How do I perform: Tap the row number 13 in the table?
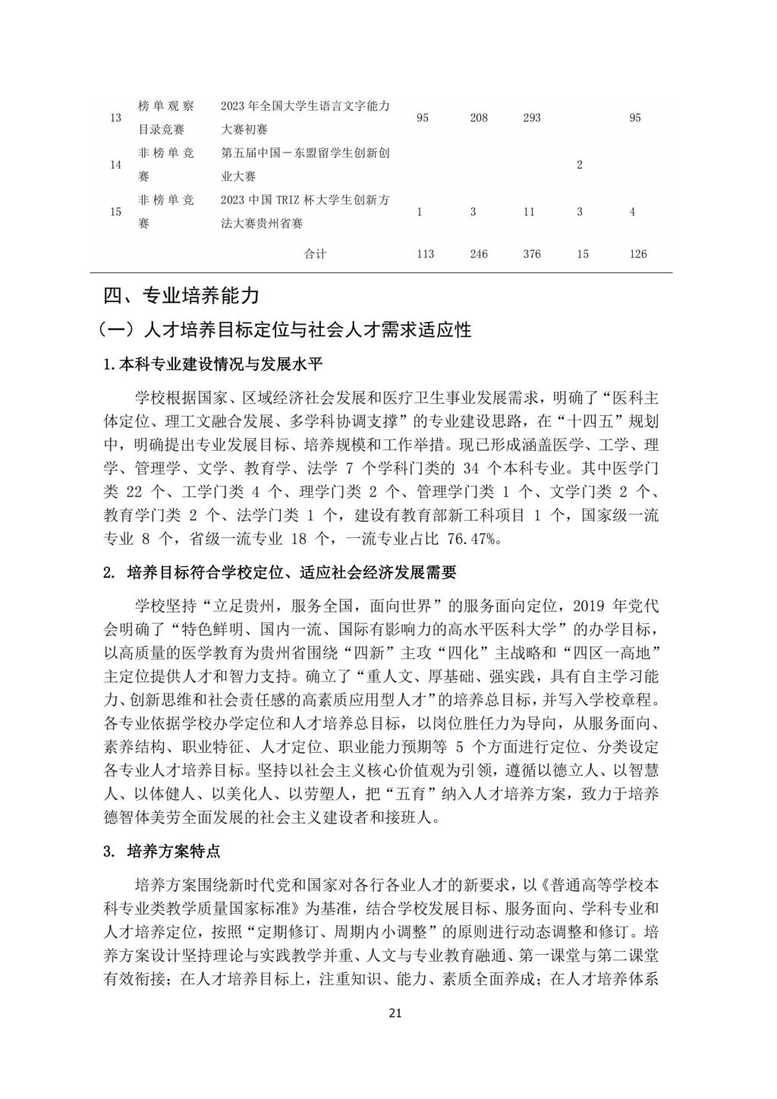tap(116, 118)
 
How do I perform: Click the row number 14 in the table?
tap(116, 165)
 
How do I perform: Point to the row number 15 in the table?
tap(116, 212)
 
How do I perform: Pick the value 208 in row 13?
tap(478, 118)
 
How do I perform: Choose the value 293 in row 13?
tap(531, 118)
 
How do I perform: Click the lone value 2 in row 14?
tap(580, 165)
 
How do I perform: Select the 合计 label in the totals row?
tap(315, 254)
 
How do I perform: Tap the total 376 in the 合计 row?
tap(531, 254)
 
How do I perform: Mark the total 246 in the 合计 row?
tap(478, 254)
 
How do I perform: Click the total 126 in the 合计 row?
tap(638, 254)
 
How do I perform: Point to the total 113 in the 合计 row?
tap(425, 254)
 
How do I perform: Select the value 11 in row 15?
tap(530, 212)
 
